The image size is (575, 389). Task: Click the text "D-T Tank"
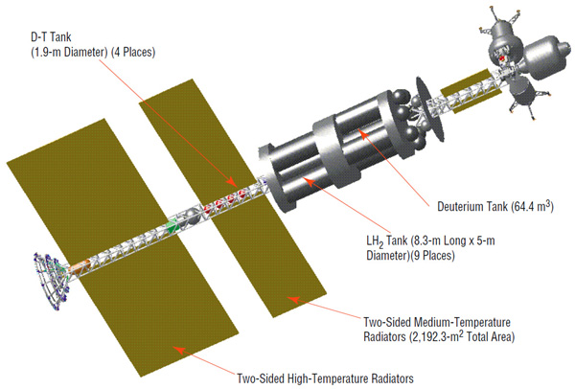[x=51, y=37]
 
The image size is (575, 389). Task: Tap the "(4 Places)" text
[x=133, y=52]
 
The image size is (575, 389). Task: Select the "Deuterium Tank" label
[x=471, y=206]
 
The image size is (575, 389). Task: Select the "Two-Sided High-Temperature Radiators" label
[x=325, y=378]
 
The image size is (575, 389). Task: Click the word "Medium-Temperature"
[x=462, y=322]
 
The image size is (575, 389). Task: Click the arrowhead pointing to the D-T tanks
[x=231, y=181]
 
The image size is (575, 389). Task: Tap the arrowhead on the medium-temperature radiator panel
[x=293, y=300]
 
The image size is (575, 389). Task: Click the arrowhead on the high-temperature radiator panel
[x=178, y=350]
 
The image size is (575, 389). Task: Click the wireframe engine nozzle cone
[x=51, y=281]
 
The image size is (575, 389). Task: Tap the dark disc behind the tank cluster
[x=430, y=109]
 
